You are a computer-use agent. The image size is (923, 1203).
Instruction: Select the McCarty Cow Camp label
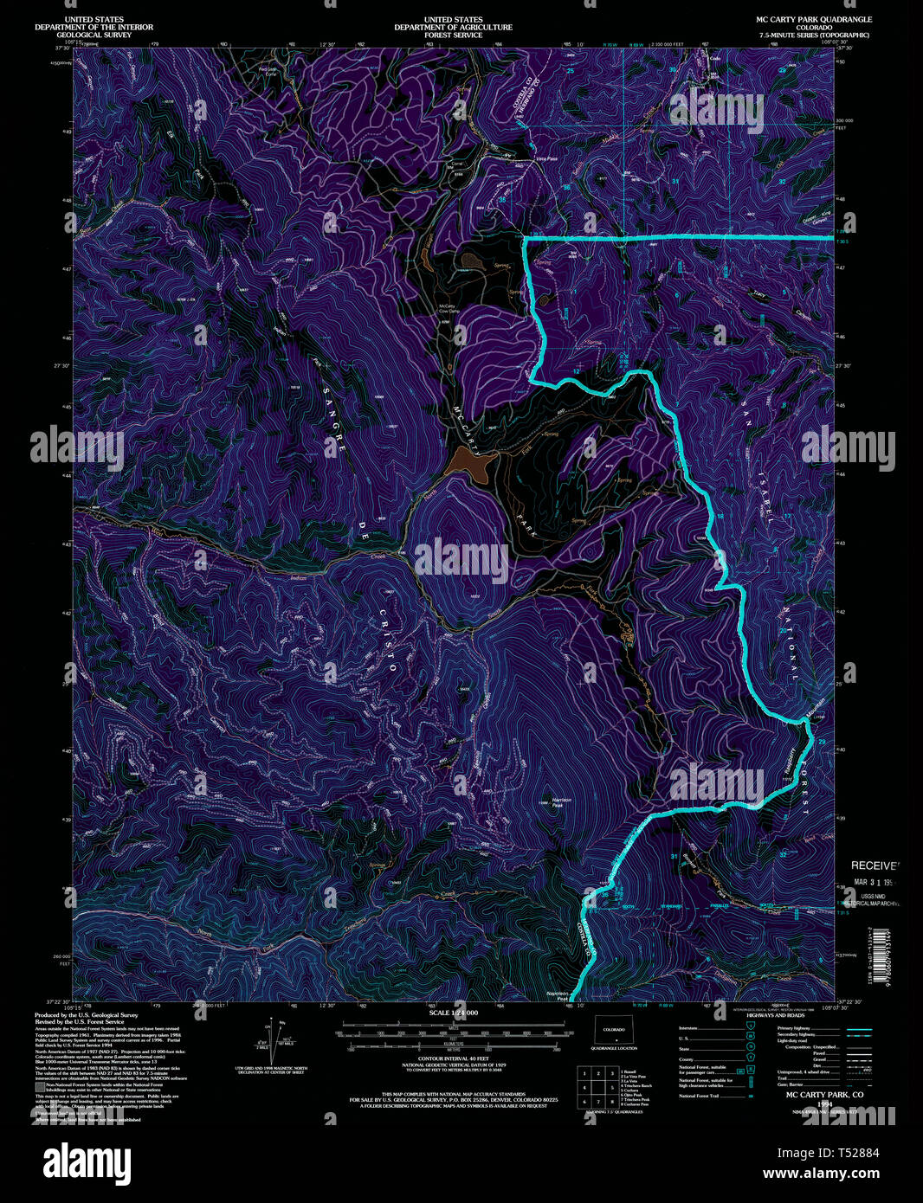click(448, 308)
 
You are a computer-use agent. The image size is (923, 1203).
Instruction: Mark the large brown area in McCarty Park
click(470, 465)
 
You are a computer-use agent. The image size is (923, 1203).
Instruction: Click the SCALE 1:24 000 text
click(453, 1012)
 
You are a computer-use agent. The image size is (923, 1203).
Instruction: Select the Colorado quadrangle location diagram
click(614, 1032)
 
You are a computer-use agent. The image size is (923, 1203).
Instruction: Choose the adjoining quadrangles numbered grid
click(597, 1084)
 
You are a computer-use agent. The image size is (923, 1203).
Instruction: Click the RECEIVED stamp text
click(875, 865)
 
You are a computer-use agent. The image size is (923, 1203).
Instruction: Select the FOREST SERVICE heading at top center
click(453, 35)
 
